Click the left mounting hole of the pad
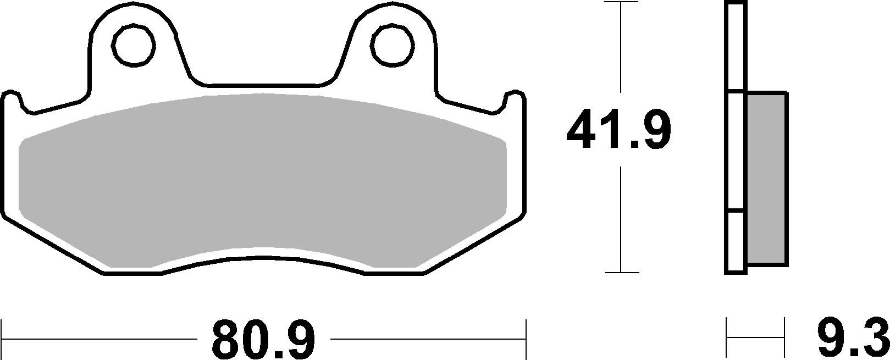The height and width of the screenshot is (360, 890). tap(132, 43)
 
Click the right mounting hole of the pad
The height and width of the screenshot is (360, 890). tap(393, 43)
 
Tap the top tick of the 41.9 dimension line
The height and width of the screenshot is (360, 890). tap(621, 3)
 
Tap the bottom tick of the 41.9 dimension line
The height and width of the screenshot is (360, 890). tap(621, 272)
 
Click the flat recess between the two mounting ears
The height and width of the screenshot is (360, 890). tap(264, 85)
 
